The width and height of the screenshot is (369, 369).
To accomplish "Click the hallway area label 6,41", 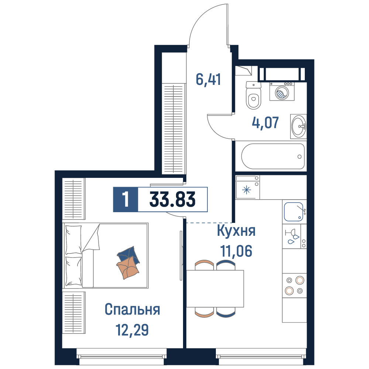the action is [x=208, y=80].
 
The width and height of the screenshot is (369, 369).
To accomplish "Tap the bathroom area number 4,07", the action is [x=265, y=123].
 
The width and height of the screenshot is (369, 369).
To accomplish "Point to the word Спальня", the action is [x=132, y=309].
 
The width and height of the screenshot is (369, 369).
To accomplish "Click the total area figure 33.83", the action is [x=172, y=199].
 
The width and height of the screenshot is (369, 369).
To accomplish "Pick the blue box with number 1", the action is [x=125, y=199].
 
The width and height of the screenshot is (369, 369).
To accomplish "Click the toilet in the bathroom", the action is [x=254, y=95].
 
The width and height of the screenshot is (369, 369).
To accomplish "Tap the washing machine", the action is [x=282, y=92].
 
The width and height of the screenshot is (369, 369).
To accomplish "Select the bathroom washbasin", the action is [x=299, y=126].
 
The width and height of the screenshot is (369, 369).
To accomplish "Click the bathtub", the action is [x=273, y=156].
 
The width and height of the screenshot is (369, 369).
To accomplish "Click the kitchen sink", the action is [x=294, y=211].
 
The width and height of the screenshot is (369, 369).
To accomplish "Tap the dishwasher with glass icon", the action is [x=294, y=236].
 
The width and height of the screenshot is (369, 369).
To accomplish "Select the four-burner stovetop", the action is [x=294, y=286].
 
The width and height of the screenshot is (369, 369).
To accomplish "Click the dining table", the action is [x=215, y=289].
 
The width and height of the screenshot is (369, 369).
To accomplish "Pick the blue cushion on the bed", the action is [x=128, y=255].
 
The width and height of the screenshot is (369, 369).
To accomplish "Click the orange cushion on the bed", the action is [x=128, y=268].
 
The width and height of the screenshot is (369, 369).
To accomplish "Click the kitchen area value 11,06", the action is [x=236, y=251].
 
